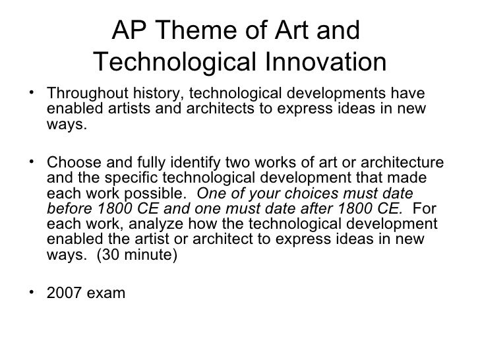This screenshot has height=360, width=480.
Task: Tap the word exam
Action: pyautogui.click(x=106, y=291)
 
